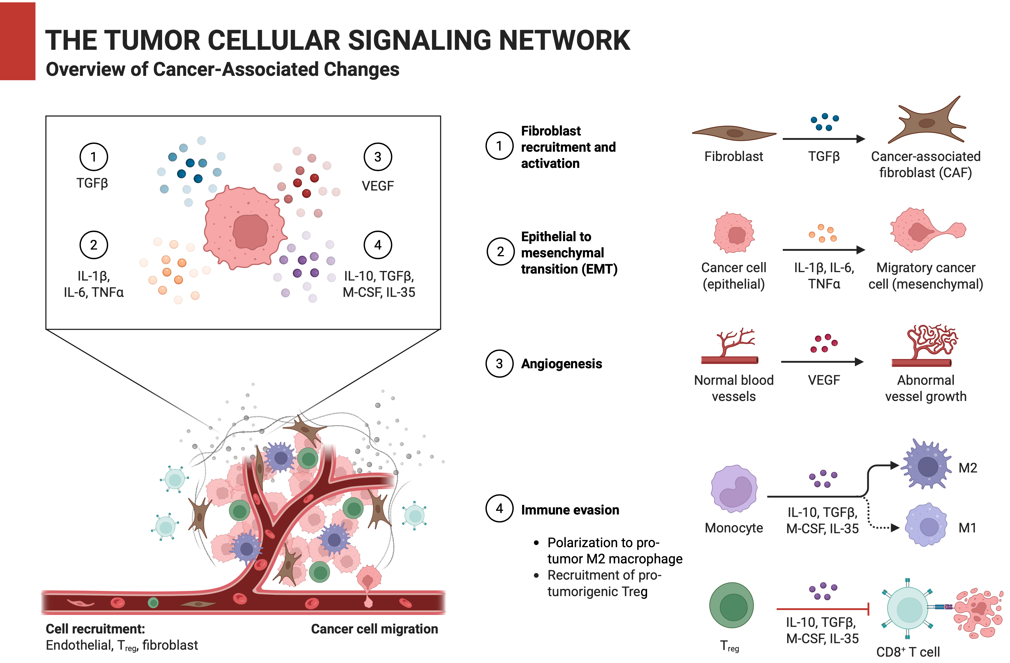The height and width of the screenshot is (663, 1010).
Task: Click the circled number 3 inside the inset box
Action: coord(377,157)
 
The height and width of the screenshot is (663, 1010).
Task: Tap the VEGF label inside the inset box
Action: coord(377,186)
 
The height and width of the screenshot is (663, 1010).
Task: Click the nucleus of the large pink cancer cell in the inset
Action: coord(250,232)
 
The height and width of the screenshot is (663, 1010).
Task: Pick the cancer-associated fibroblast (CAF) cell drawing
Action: coord(927,123)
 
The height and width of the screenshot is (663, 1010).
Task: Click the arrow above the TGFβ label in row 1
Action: coord(823,138)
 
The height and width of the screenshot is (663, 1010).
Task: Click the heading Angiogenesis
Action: coord(561,364)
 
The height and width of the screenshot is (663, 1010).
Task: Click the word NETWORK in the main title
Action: coord(564,41)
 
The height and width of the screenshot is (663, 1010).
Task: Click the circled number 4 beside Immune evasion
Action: coord(500,508)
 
